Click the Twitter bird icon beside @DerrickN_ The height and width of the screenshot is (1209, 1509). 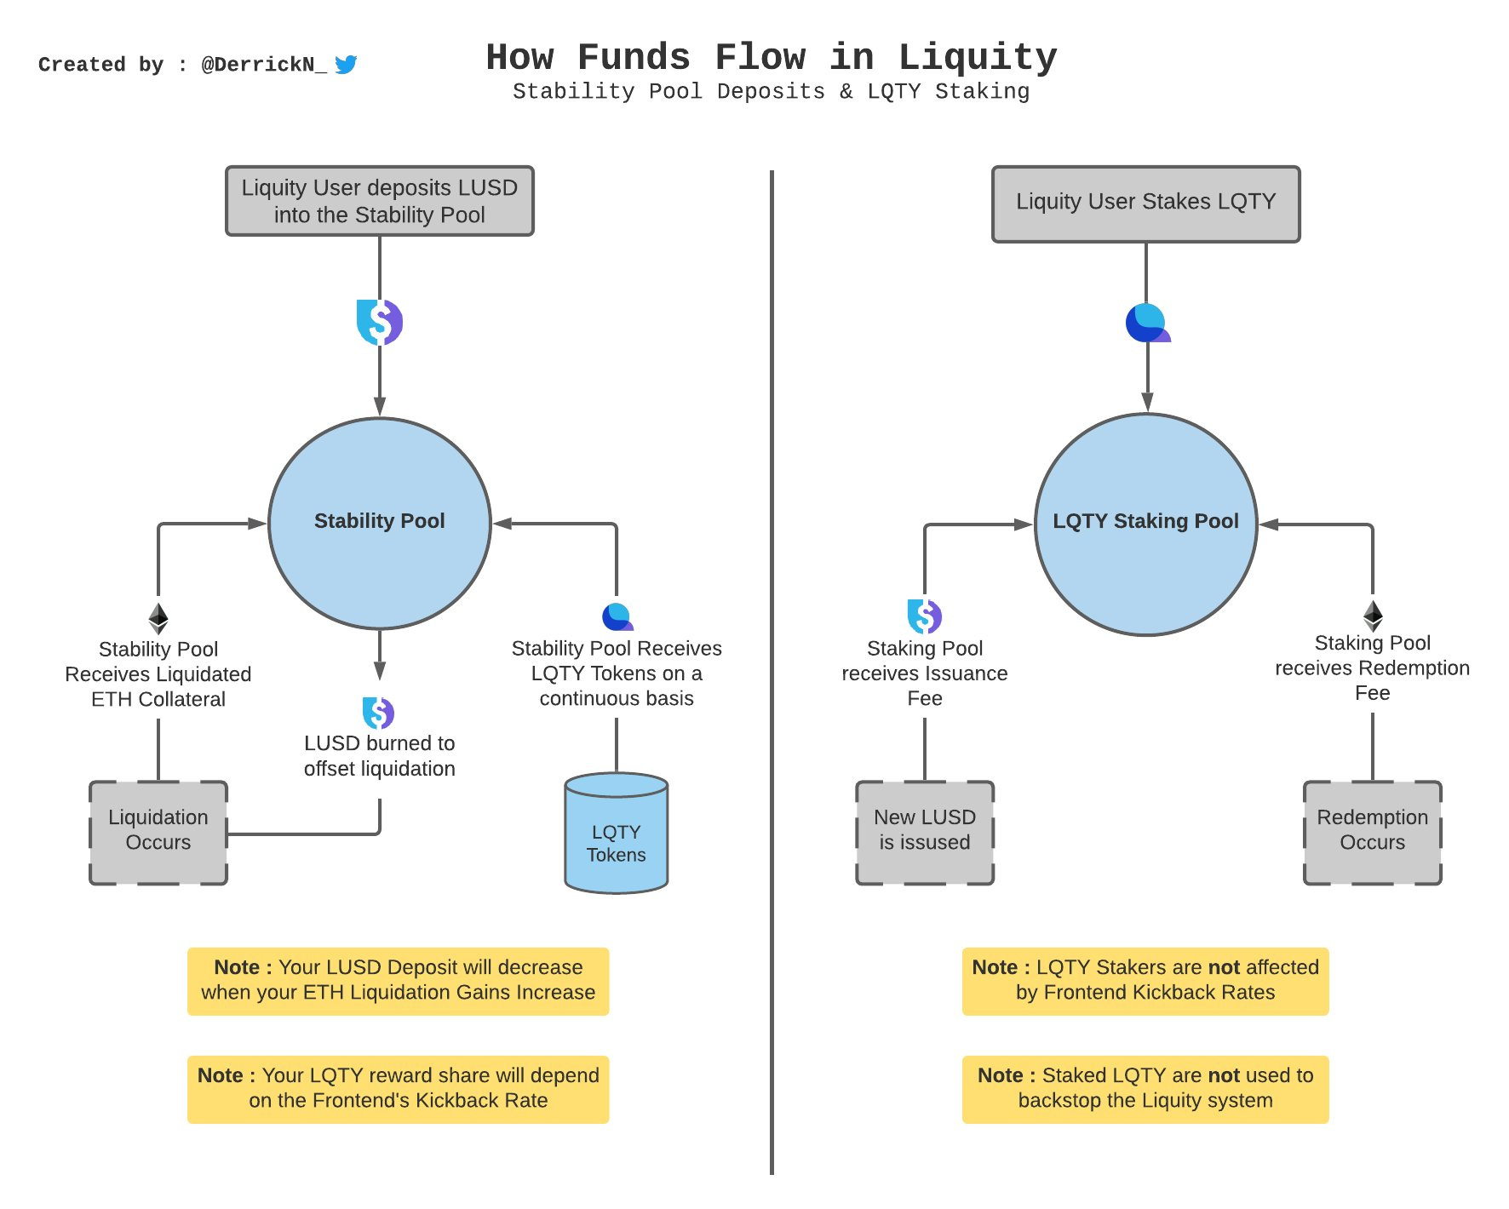pyautogui.click(x=346, y=65)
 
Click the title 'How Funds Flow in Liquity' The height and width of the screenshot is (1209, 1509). pyautogui.click(x=772, y=57)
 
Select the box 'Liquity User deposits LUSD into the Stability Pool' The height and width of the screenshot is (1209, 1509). pyautogui.click(x=380, y=201)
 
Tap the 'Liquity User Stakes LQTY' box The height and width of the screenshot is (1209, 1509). pyautogui.click(x=1146, y=204)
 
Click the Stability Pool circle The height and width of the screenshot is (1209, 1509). pyautogui.click(x=380, y=524)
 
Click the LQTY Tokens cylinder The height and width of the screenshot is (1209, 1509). pyautogui.click(x=617, y=833)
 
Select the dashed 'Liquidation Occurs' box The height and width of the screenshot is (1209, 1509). pyautogui.click(x=158, y=833)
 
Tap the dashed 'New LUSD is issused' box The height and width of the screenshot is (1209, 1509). pyautogui.click(x=925, y=833)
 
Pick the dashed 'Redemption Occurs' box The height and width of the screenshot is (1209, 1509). pyautogui.click(x=1373, y=833)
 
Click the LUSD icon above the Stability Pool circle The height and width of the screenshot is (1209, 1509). pyautogui.click(x=380, y=323)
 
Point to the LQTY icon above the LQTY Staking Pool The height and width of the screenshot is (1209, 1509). pyautogui.click(x=1148, y=323)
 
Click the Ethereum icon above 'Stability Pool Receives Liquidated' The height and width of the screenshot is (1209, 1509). pyautogui.click(x=158, y=618)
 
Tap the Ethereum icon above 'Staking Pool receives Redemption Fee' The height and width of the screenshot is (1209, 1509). pyautogui.click(x=1373, y=616)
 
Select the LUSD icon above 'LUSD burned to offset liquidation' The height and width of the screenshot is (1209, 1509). pyautogui.click(x=378, y=713)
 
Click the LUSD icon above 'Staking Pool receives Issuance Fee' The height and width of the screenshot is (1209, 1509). pyautogui.click(x=925, y=616)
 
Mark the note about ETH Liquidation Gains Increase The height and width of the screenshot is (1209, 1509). pyautogui.click(x=399, y=981)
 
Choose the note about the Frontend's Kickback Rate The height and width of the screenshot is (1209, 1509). pyautogui.click(x=399, y=1089)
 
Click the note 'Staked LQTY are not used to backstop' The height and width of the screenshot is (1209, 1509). pyautogui.click(x=1145, y=1089)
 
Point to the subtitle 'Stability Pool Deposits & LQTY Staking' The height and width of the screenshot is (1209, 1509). pyautogui.click(x=772, y=92)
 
